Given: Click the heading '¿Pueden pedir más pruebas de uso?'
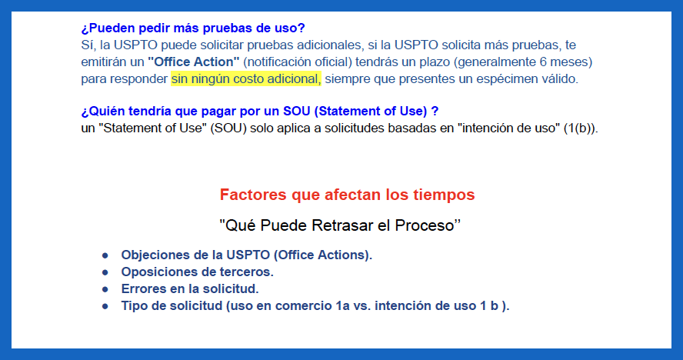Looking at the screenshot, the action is coord(193,28).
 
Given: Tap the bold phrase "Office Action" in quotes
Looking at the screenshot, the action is coord(193,62).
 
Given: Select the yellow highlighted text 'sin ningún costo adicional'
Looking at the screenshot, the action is coord(246,79).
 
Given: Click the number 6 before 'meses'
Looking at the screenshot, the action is coord(543,62).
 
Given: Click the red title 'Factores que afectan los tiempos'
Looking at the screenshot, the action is coord(347,195).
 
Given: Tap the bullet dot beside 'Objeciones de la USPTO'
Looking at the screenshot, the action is coord(105,255).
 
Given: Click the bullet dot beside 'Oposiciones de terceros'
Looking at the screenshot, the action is coord(105,272).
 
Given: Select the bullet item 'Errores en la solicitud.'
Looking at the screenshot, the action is coord(190,289).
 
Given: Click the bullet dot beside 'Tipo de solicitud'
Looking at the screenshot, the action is coord(105,306).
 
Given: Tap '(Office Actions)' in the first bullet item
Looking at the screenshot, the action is coord(322,255).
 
